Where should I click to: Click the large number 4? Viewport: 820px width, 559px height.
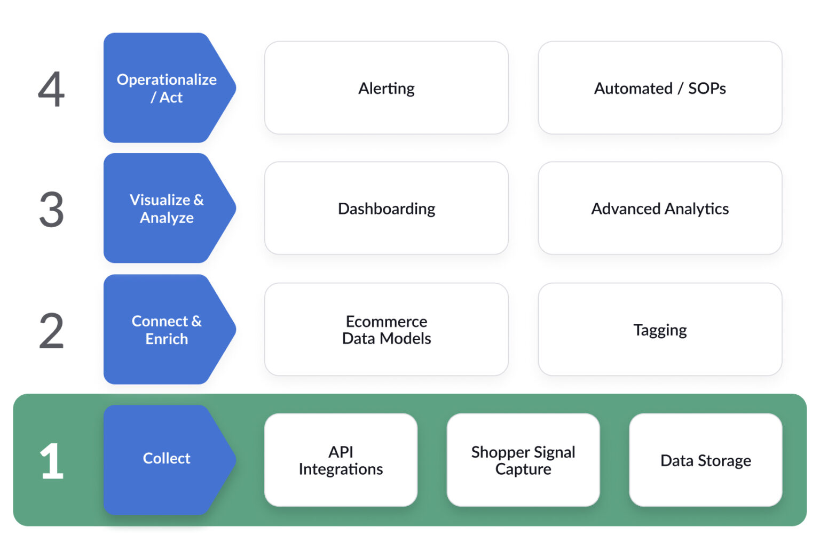point(51,89)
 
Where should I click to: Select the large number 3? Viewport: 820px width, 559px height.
point(51,210)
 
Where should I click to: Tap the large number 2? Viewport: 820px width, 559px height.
point(51,331)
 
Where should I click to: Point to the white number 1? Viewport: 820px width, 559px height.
point(51,460)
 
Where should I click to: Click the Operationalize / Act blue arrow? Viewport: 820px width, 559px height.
point(167,88)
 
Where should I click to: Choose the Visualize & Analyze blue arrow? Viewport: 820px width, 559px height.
point(167,209)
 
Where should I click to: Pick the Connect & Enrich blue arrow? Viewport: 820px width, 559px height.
point(167,330)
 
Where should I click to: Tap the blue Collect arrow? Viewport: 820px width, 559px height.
point(167,459)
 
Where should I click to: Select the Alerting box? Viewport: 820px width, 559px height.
point(386,88)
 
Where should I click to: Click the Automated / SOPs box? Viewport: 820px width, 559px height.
point(660,88)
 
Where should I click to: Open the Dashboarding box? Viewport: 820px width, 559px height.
point(386,209)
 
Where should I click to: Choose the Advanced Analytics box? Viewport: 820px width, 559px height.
point(660,209)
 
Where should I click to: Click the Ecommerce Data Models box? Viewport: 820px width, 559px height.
point(386,330)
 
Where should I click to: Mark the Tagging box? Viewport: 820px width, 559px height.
point(660,330)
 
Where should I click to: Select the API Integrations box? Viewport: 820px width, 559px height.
point(341,460)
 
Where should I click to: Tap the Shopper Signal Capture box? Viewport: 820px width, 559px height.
point(523,460)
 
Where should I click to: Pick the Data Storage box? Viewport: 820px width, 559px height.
point(705,460)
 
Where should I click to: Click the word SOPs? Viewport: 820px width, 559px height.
point(707,88)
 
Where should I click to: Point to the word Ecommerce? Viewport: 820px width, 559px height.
point(387,322)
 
